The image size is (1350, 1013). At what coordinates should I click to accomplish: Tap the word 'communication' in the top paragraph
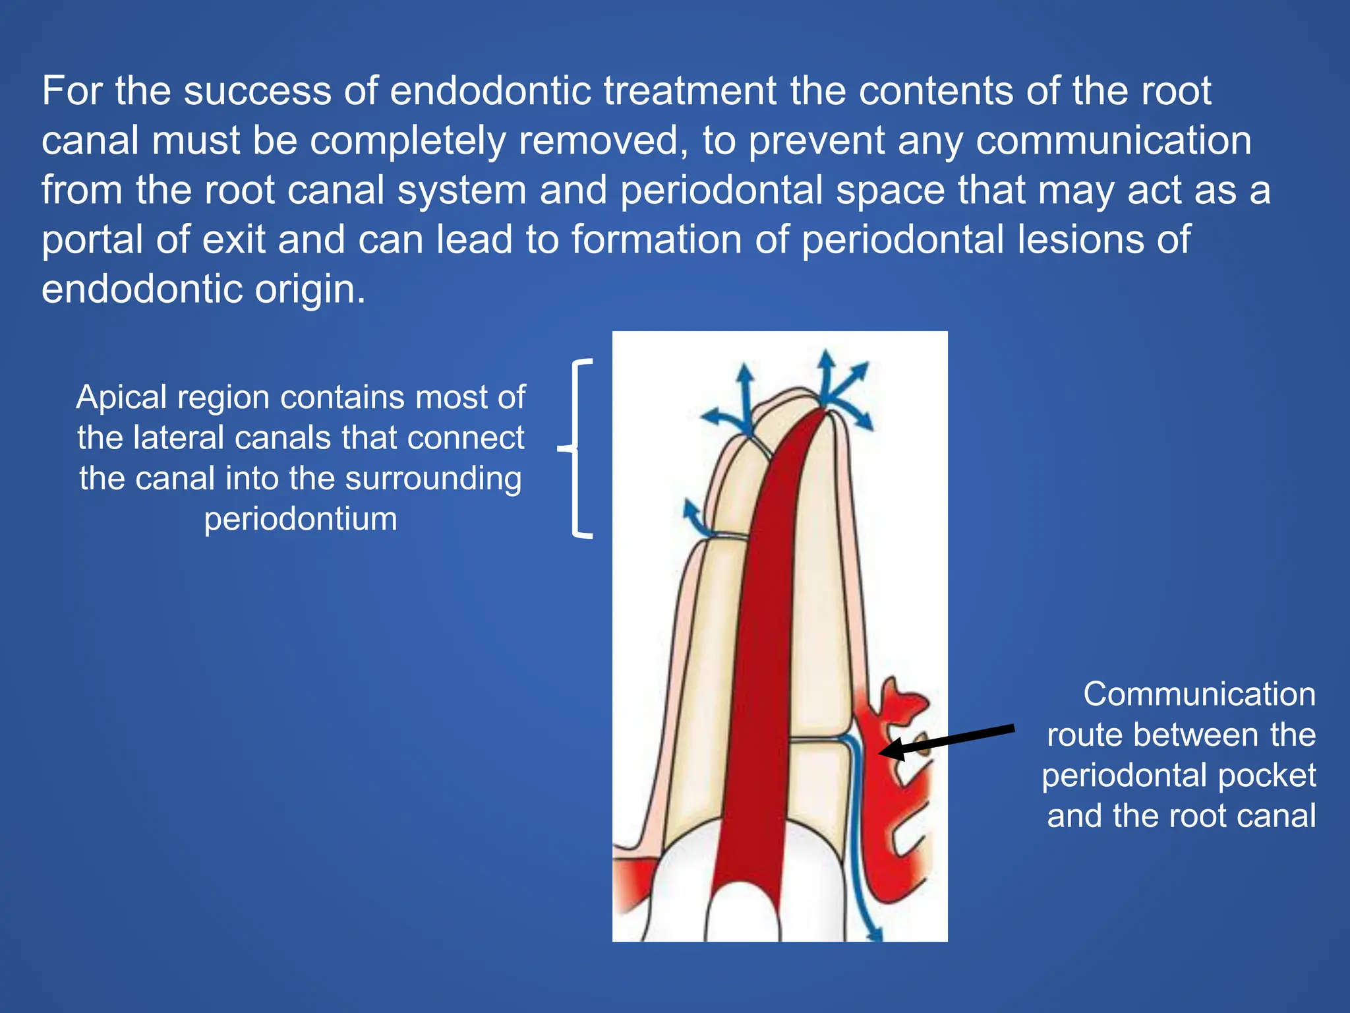[x=1113, y=141]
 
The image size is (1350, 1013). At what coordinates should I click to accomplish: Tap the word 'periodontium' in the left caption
[x=301, y=519]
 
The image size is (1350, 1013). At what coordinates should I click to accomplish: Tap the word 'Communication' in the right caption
[x=1199, y=694]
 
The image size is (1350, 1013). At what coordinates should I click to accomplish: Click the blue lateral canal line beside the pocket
[x=854, y=824]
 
